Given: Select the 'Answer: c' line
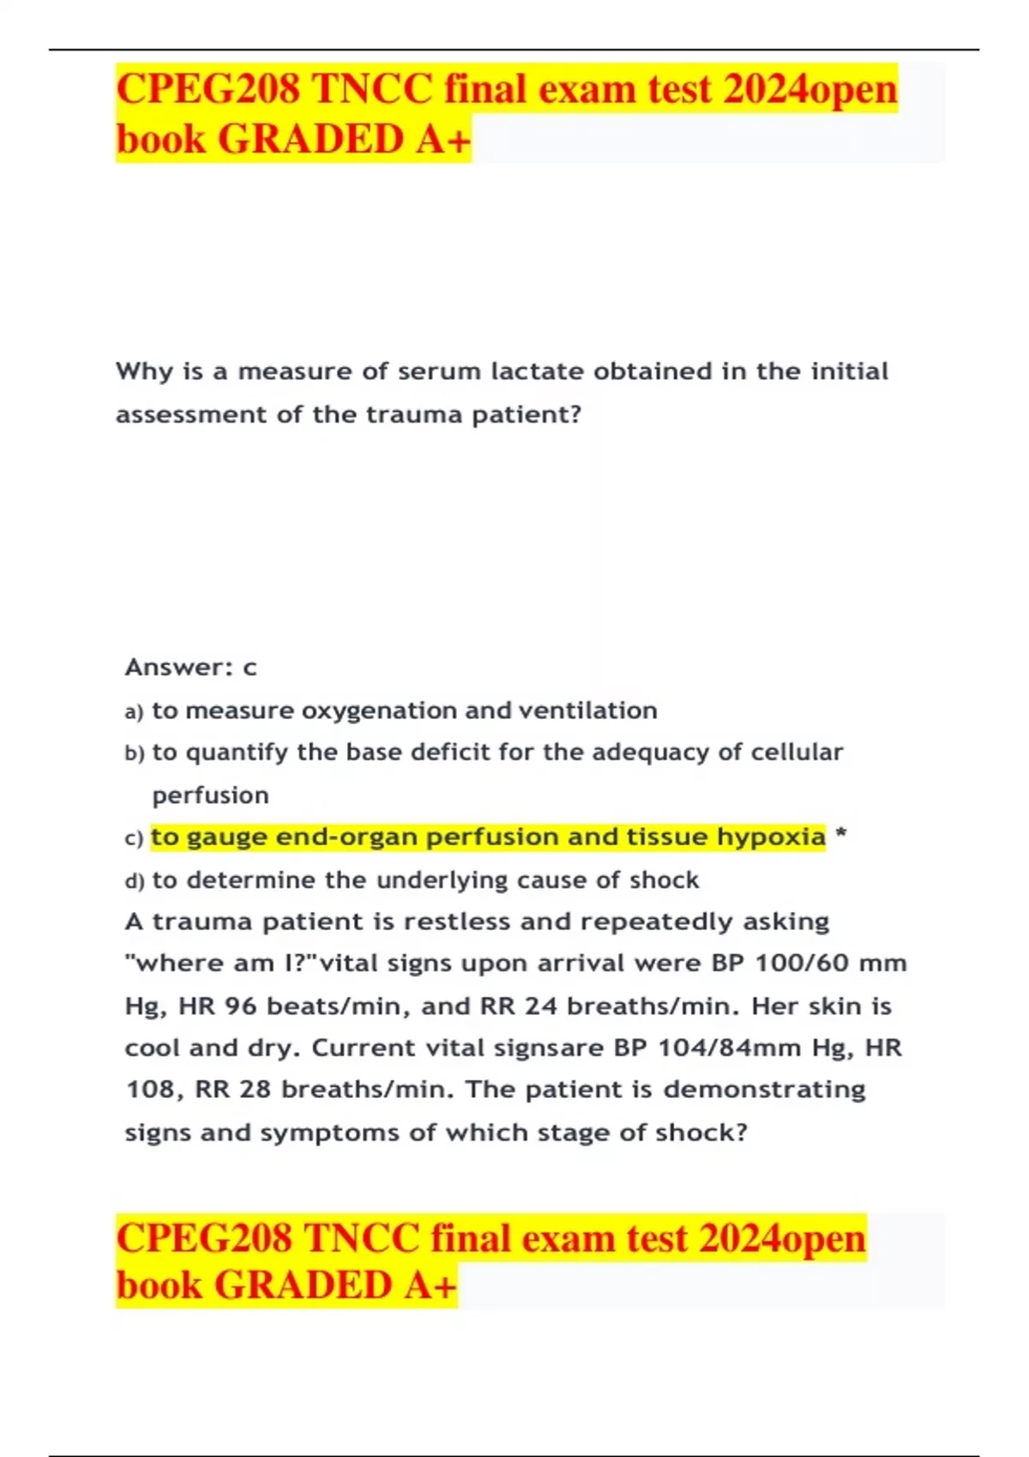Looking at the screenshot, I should (190, 667).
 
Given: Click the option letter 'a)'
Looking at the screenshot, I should (134, 711).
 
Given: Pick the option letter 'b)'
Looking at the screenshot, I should (135, 753).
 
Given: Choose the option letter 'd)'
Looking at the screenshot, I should (135, 880).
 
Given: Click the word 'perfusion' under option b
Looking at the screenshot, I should (210, 795).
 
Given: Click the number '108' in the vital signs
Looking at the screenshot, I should (150, 1089).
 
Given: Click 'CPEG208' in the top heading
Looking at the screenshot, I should (208, 89).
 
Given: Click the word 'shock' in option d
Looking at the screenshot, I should (664, 880).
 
